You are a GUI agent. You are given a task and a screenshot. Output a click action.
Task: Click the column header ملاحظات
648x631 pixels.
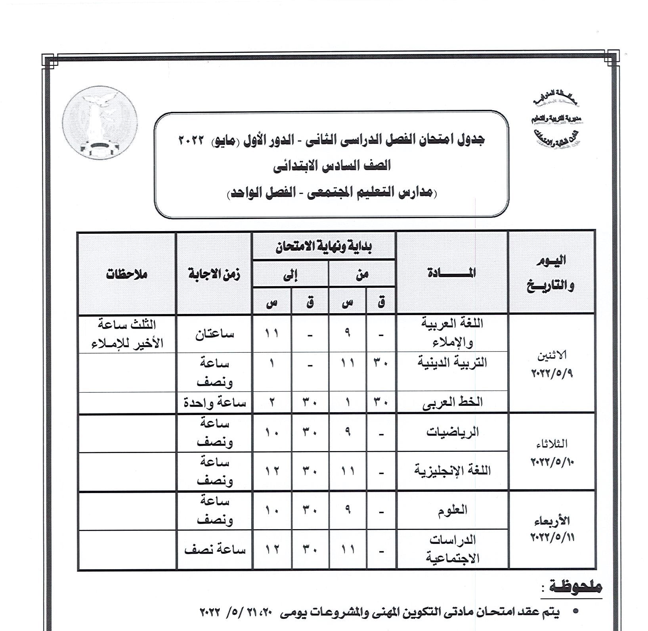tap(126, 274)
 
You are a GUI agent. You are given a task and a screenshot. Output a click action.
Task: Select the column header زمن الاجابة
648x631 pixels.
tap(214, 274)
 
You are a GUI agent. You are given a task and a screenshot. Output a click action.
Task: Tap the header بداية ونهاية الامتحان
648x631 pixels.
tap(323, 247)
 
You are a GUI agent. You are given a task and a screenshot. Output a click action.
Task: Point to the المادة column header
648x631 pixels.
tap(451, 273)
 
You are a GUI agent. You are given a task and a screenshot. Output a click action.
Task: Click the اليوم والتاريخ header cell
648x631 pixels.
tap(551, 273)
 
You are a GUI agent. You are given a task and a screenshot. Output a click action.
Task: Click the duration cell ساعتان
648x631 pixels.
tap(214, 334)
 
